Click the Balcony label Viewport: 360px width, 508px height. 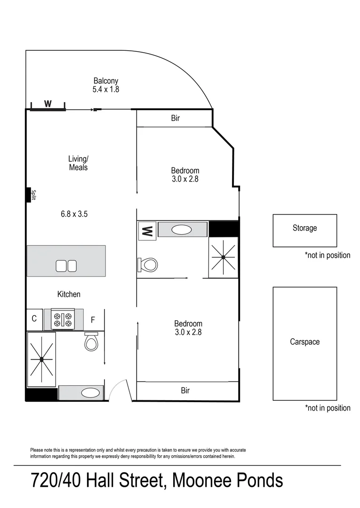point(106,80)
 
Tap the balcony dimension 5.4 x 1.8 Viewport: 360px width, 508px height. point(106,89)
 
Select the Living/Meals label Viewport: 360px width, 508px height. point(78,163)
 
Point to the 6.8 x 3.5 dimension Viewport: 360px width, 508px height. point(74,214)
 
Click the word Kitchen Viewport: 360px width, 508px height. point(69,294)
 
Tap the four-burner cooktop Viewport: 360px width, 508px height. point(64,319)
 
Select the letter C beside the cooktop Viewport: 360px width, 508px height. point(34,319)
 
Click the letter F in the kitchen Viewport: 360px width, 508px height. point(93,320)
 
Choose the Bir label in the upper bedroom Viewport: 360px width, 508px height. point(175,119)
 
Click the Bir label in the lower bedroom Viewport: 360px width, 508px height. point(185,390)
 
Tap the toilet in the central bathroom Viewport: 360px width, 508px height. point(148,264)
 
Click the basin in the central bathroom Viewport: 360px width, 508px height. point(182,230)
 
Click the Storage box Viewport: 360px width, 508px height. point(304,230)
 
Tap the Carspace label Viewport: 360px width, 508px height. point(304,342)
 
